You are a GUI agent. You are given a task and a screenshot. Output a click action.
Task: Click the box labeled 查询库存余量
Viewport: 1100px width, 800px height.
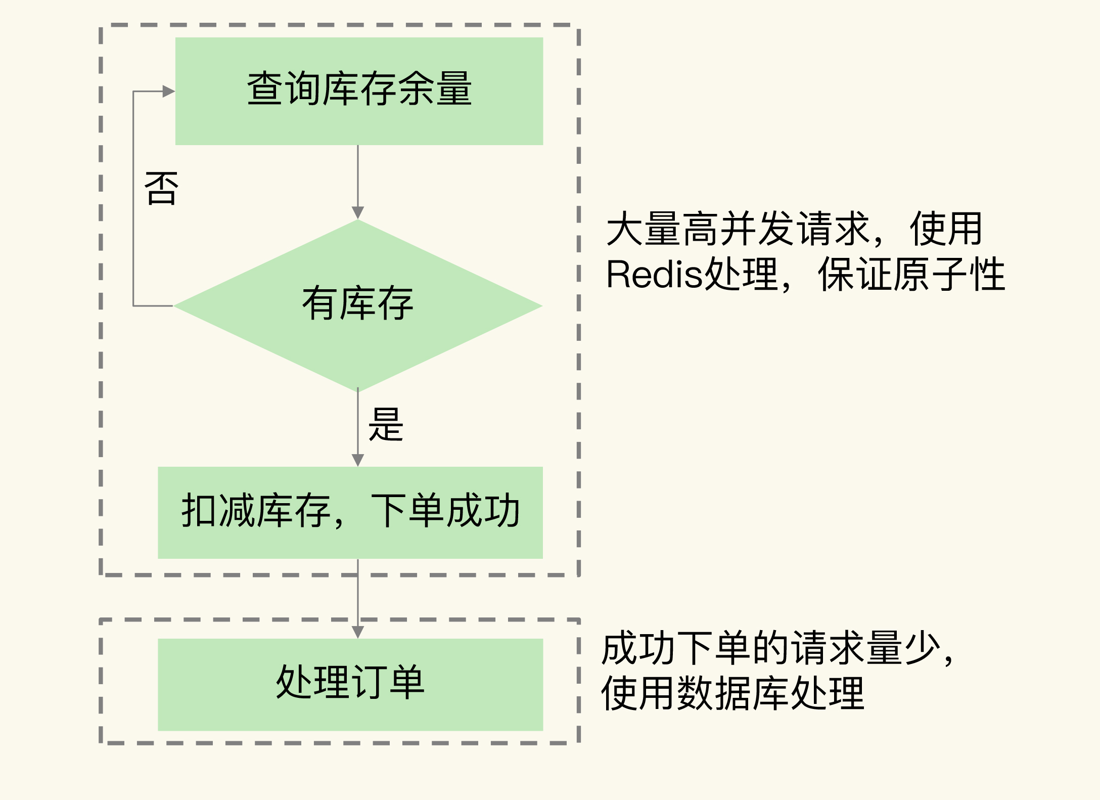point(359,92)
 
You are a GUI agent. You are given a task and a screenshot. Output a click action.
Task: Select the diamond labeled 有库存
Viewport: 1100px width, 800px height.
point(358,305)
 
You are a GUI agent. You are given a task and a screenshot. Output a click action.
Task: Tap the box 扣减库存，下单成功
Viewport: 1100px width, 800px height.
point(350,512)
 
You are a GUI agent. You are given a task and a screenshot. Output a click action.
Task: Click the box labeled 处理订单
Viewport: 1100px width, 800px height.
point(350,684)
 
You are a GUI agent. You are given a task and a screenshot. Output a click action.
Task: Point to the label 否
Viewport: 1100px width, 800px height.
point(162,189)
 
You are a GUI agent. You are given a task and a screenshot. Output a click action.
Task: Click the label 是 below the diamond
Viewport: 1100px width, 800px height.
point(386,425)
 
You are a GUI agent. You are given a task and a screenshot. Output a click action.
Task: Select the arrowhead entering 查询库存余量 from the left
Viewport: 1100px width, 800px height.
point(168,92)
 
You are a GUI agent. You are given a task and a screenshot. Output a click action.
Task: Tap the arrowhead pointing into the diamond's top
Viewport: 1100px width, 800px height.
point(358,212)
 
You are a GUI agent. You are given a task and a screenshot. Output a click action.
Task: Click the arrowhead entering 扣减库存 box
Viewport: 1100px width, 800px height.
point(358,460)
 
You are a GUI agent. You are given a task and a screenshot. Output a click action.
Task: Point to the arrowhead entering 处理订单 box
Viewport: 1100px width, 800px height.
point(358,632)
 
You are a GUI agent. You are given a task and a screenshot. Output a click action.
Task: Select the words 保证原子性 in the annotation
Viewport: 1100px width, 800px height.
point(911,275)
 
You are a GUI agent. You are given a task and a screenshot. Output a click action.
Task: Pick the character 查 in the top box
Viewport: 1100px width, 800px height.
point(265,89)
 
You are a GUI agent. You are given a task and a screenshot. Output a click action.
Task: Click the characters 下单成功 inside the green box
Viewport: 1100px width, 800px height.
point(445,511)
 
